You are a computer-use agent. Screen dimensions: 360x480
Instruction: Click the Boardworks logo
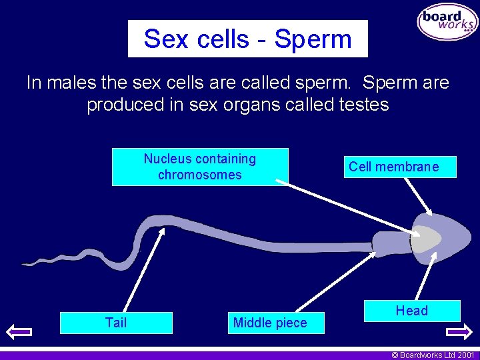coord(447,22)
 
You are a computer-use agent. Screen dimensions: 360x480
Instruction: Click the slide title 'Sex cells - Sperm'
coord(247,39)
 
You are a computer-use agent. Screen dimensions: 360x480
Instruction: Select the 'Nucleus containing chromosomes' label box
coord(200,167)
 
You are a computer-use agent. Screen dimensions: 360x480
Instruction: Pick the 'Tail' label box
coord(116,323)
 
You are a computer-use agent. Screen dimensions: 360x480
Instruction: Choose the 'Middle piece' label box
coord(270,323)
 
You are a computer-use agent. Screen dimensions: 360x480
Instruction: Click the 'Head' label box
coord(411,311)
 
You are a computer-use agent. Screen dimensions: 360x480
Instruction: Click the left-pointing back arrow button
coord(19,331)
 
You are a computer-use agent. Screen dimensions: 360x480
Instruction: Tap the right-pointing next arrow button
coord(459,331)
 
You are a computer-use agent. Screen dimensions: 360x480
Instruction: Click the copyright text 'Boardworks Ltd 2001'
coord(434,355)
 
